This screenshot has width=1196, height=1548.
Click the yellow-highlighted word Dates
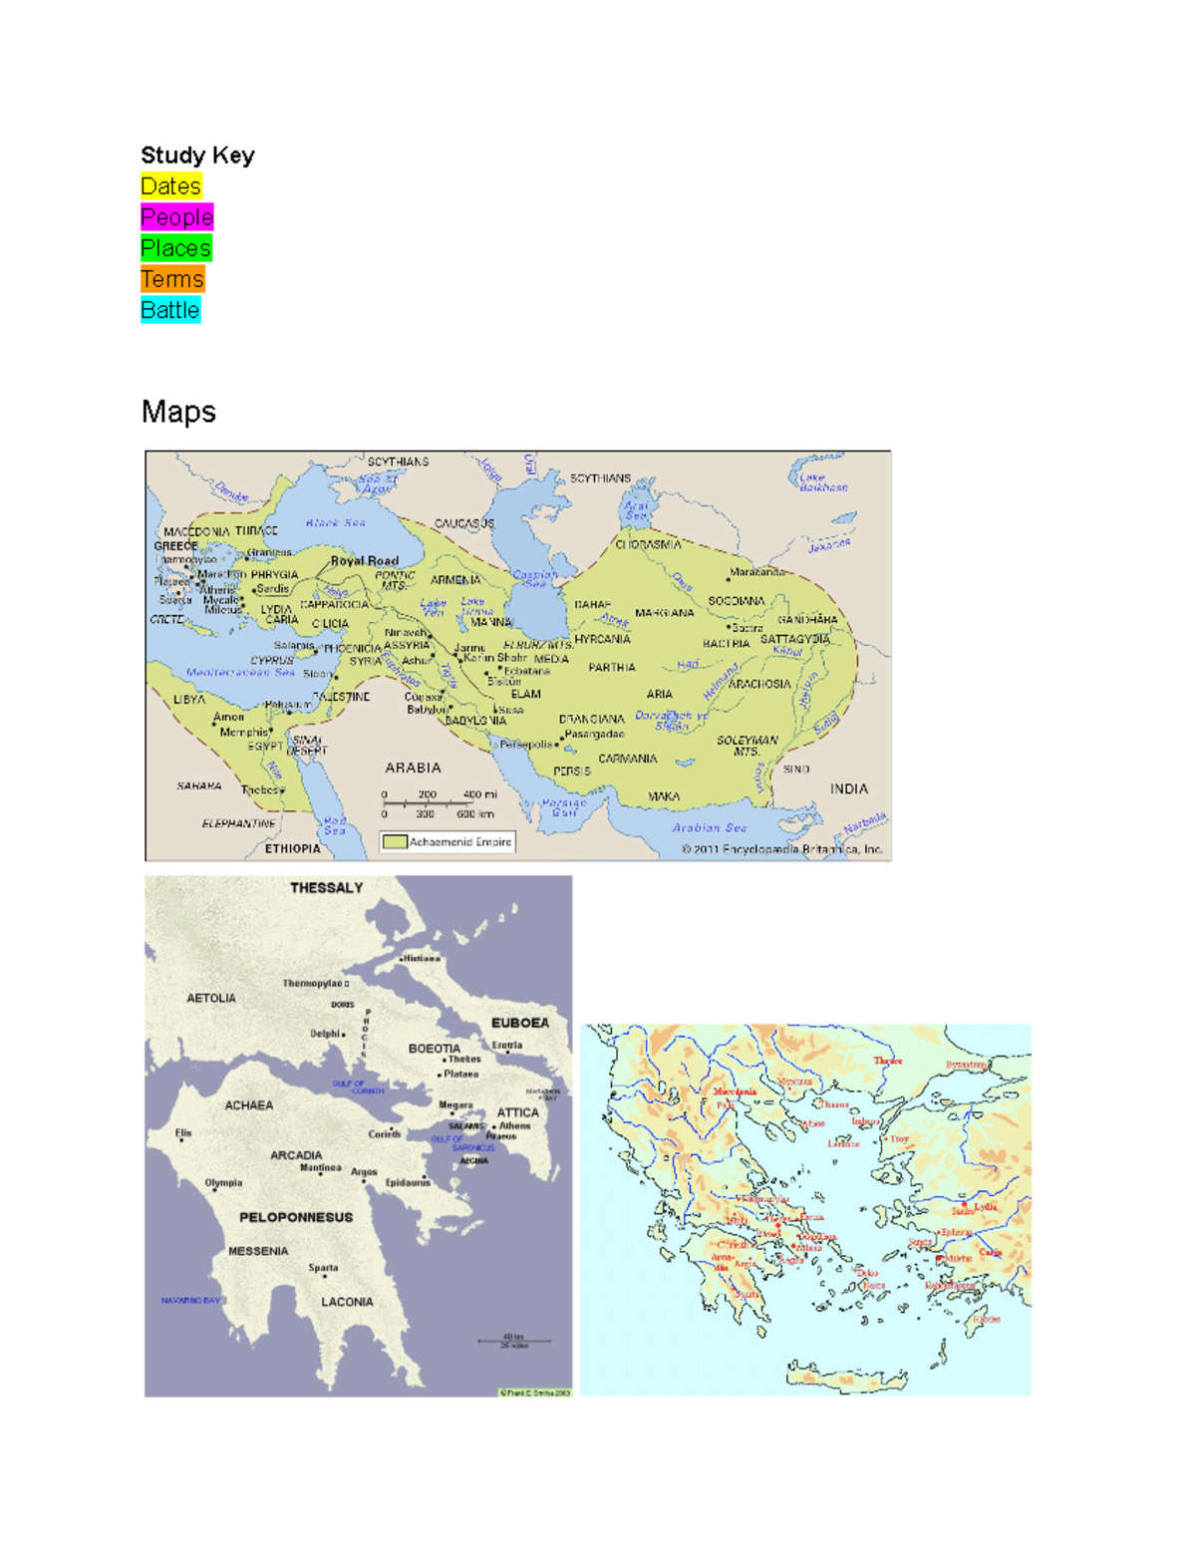pos(170,186)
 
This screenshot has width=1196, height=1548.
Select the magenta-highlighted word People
pos(176,217)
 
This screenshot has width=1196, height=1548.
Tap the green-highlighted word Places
pos(175,248)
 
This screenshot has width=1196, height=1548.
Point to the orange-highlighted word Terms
pos(171,279)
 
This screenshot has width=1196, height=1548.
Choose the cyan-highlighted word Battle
pos(169,310)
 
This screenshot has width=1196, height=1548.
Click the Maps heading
pos(178,412)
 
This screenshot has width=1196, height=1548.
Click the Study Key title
pos(197,155)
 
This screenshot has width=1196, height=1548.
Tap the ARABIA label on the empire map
pos(413,768)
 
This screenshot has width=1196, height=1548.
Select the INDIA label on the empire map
pos(848,788)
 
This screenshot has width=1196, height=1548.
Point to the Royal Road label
pos(364,561)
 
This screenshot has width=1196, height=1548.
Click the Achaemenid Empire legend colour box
pos(395,842)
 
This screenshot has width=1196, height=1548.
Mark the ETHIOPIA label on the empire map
pos(292,849)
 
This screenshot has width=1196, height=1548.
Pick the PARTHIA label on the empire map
pos(611,668)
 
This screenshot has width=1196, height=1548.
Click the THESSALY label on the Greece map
pos(326,888)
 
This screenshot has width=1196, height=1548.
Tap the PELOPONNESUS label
pos(296,1217)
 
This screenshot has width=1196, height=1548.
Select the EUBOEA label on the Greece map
pos(519,1023)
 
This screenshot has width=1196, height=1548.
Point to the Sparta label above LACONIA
pos(323,1268)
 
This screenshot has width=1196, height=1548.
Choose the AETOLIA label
pos(211,998)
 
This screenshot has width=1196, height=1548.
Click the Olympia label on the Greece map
pos(223,1183)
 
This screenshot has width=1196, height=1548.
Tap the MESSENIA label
pos(258,1251)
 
